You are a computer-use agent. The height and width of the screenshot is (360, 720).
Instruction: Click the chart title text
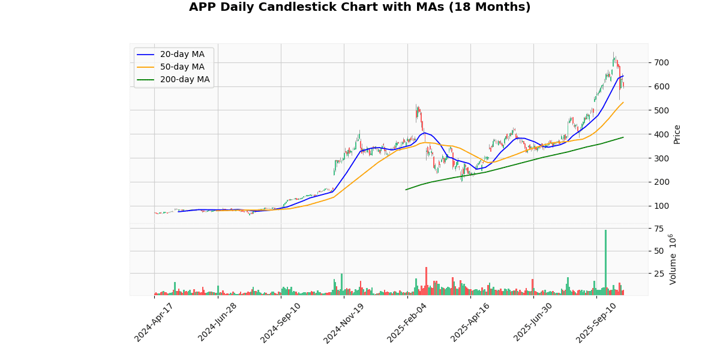359,7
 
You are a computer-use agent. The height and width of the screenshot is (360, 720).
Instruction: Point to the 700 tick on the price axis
662,62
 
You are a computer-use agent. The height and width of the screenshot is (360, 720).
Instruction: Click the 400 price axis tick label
662,134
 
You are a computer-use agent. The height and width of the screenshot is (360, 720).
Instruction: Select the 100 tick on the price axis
662,206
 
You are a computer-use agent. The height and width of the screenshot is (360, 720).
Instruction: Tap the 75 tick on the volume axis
659,229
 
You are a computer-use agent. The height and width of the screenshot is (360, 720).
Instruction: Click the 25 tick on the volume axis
659,274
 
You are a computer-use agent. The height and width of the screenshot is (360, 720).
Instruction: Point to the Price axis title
677,134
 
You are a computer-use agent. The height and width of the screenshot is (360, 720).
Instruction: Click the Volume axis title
673,259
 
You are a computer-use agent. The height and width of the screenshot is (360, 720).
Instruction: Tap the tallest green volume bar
605,262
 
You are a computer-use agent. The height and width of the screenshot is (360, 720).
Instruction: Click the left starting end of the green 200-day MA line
406,190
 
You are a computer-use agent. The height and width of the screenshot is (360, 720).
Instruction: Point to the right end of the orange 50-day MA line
623,102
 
